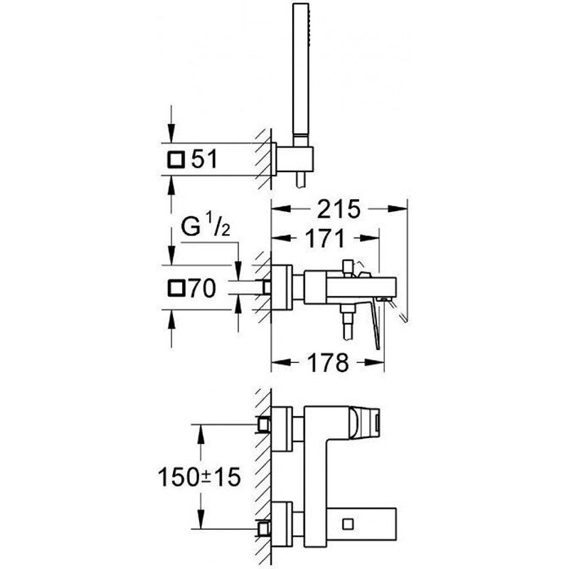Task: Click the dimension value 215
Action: point(337,210)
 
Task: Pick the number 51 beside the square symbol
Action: point(204,160)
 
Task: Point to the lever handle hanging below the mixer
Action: point(378,327)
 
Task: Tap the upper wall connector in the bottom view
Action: point(265,425)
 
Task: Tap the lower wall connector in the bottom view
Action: point(265,528)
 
